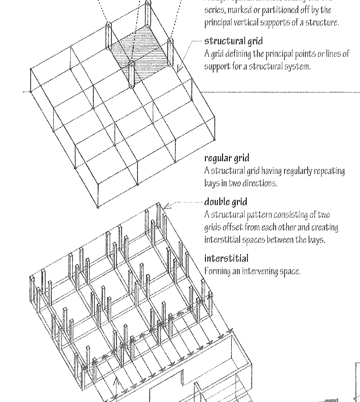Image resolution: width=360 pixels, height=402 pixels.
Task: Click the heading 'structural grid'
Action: point(233,42)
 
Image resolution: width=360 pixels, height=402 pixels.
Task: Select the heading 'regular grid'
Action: point(227,159)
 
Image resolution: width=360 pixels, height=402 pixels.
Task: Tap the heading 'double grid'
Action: point(226,202)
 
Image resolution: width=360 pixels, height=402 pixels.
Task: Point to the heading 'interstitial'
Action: point(226,258)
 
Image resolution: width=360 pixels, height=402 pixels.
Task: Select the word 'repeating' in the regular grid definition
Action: point(329,171)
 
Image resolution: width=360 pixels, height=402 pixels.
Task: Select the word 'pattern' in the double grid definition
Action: point(257,215)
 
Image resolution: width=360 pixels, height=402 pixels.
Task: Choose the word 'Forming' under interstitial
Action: point(216,271)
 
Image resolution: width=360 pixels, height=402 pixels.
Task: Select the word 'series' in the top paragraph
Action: point(214,10)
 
